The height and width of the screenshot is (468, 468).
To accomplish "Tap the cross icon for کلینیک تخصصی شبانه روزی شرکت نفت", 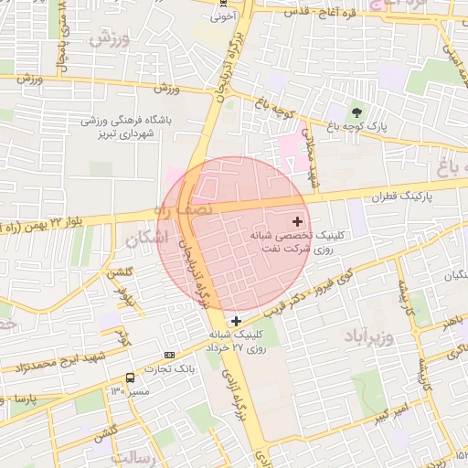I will pos(297,221).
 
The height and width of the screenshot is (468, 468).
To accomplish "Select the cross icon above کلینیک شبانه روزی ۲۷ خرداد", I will pos(236,321).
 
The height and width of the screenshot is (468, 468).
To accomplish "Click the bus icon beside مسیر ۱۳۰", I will pos(130,377).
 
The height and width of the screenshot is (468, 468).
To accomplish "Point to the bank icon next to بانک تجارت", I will pos(169,355).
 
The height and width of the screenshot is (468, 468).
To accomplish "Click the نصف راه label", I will pos(195,209).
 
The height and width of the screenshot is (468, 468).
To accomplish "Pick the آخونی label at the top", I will pos(224,15).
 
